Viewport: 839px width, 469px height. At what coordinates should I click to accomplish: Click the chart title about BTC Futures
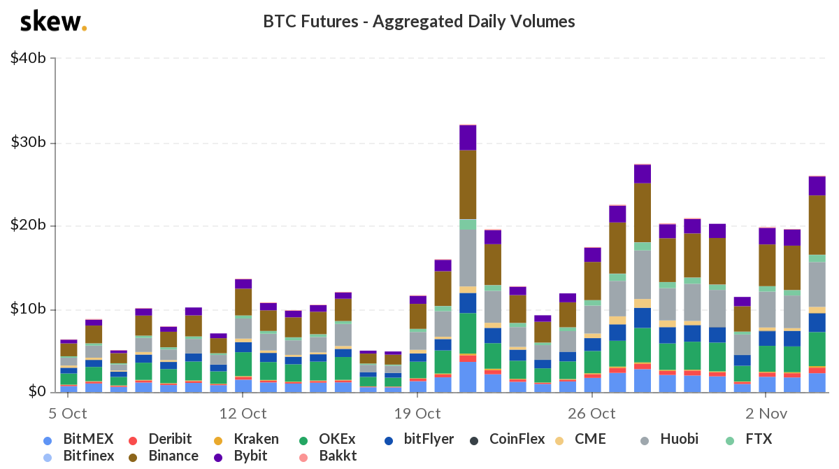[x=419, y=22]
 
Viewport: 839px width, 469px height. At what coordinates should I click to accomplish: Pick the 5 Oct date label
[x=68, y=413]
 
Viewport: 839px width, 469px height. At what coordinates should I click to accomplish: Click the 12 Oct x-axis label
[x=243, y=413]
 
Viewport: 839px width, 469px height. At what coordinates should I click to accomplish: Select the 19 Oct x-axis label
[x=417, y=413]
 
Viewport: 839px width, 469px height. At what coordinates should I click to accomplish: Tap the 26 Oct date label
[x=591, y=413]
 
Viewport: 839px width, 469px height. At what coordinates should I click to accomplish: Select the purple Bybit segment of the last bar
[x=817, y=185]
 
